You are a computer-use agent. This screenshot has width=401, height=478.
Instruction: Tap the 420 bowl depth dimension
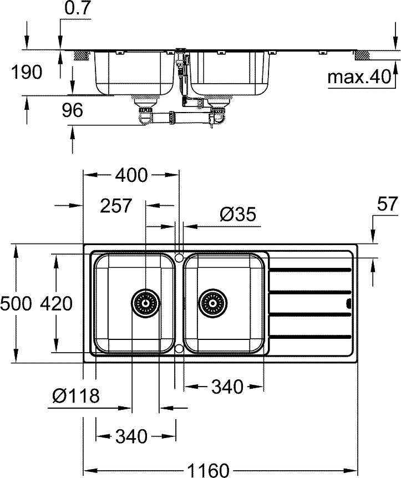pyautogui.click(x=55, y=303)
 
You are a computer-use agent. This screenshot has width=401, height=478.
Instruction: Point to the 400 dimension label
pyautogui.click(x=131, y=176)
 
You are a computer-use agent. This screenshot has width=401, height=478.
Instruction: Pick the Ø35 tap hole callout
pyautogui.click(x=237, y=215)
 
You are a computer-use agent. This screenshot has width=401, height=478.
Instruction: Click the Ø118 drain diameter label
pyautogui.click(x=75, y=396)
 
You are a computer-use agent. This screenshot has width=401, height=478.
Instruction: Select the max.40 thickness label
pyautogui.click(x=359, y=77)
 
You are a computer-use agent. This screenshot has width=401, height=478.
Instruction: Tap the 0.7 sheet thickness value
pyautogui.click(x=78, y=9)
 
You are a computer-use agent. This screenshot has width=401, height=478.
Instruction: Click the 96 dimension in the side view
pyautogui.click(x=72, y=111)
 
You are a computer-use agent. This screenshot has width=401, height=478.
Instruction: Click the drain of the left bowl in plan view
pyautogui.click(x=145, y=303)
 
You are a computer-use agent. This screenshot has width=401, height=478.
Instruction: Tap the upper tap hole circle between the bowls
pyautogui.click(x=179, y=257)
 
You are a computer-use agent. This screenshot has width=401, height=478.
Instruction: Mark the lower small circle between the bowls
pyautogui.click(x=179, y=349)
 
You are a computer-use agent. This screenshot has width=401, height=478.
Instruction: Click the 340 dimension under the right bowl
pyautogui.click(x=227, y=387)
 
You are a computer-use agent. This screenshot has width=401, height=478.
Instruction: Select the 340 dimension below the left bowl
pyautogui.click(x=131, y=436)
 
